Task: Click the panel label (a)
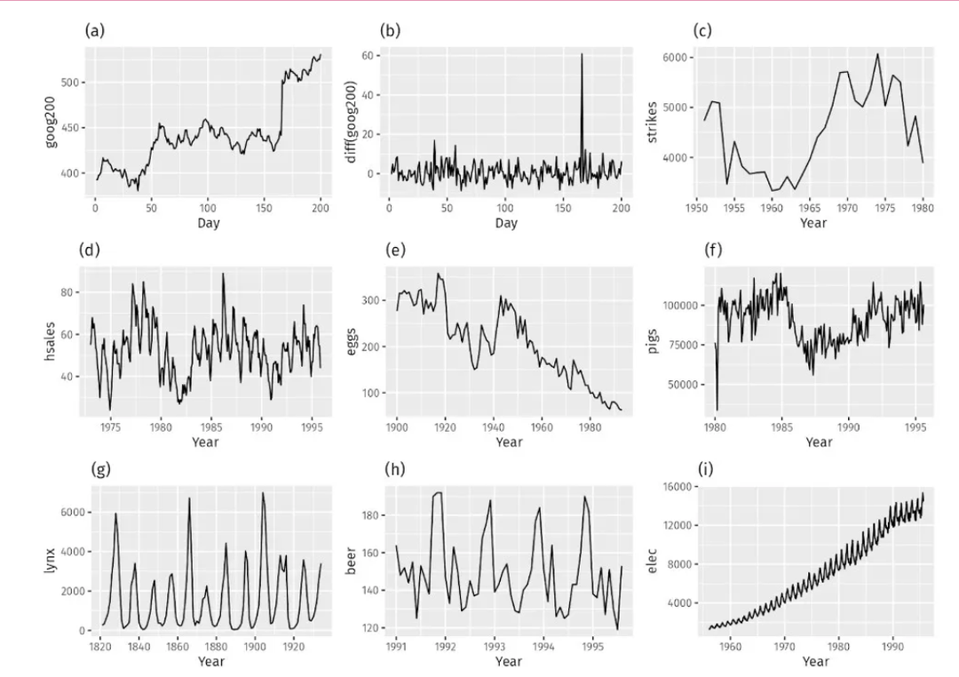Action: [93, 30]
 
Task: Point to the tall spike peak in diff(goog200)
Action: [583, 55]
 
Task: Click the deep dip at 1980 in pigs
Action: [717, 410]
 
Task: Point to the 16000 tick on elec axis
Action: [677, 486]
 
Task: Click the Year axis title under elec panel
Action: [815, 661]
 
